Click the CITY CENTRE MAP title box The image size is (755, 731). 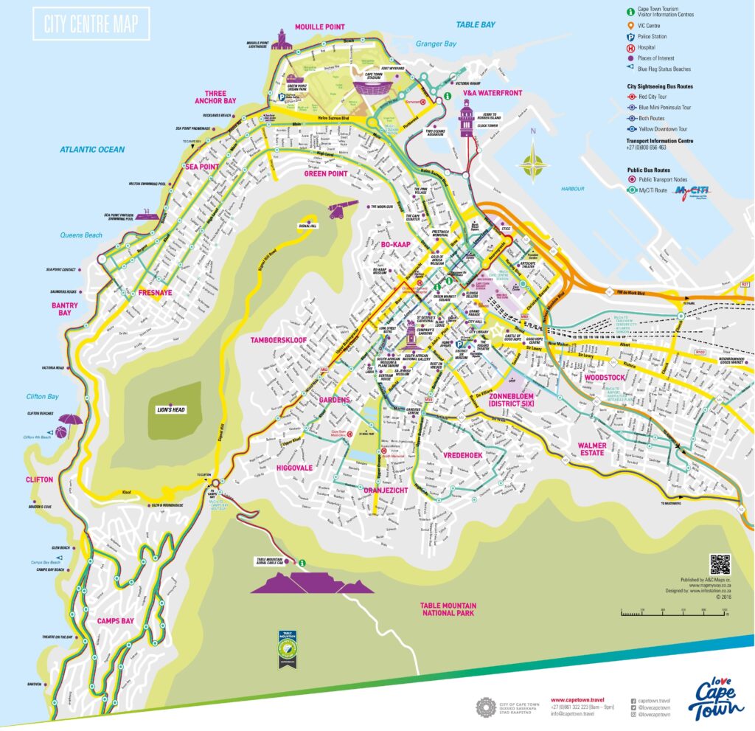(x=91, y=24)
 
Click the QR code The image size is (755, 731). (x=720, y=564)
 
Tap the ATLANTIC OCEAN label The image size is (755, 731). (x=92, y=150)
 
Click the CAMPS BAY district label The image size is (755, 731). (x=116, y=621)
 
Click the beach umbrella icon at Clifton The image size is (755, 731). (x=69, y=425)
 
